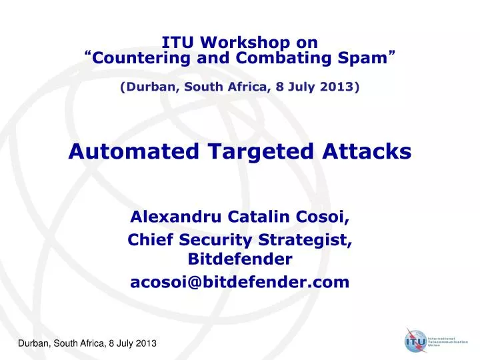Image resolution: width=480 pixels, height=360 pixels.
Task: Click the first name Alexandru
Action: point(171,217)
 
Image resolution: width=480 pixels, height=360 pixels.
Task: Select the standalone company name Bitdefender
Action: point(240,258)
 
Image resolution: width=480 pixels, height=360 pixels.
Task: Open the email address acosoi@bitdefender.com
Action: point(240,283)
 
